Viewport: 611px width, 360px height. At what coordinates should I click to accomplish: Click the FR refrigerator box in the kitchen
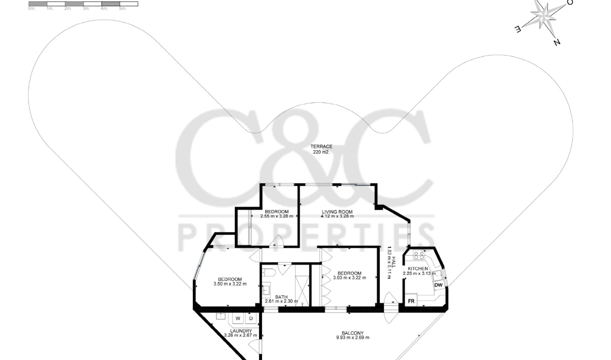click(411, 301)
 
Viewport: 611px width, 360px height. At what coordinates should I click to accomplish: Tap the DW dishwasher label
click(438, 285)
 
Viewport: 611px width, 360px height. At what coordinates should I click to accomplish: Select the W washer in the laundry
click(238, 318)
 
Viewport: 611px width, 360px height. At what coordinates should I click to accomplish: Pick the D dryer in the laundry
click(251, 318)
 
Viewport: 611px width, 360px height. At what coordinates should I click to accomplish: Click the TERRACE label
click(321, 147)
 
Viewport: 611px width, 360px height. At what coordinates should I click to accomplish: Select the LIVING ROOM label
click(337, 212)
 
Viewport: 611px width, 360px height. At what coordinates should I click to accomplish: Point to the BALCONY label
click(353, 333)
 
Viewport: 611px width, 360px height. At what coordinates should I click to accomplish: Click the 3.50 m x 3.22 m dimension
click(230, 284)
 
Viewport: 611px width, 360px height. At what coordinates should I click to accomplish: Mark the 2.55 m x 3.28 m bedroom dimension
click(276, 216)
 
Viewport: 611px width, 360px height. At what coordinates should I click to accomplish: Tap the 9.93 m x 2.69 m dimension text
click(353, 337)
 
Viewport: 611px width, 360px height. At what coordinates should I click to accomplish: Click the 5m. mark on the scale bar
click(123, 9)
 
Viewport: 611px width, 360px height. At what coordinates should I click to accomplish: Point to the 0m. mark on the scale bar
click(32, 9)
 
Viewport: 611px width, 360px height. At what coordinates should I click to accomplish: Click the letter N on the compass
click(557, 42)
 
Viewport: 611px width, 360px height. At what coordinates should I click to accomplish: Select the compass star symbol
click(545, 15)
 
